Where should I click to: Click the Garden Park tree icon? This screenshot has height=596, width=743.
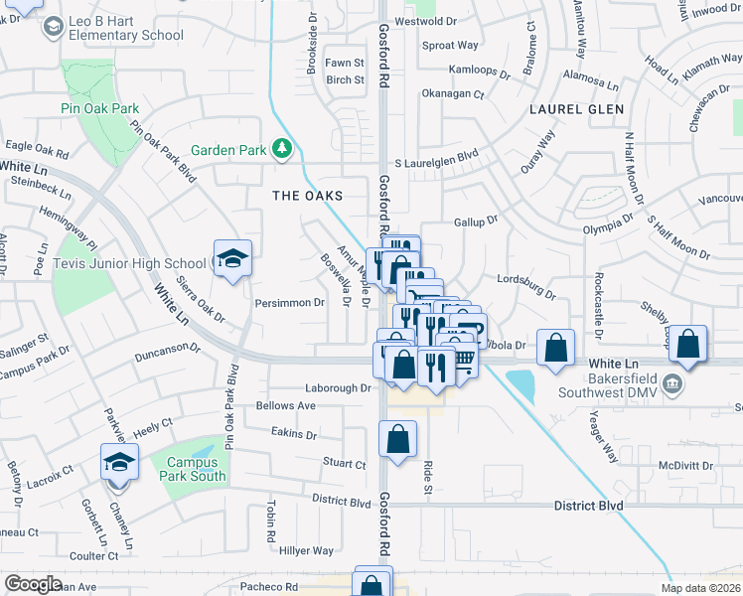pos(283,150)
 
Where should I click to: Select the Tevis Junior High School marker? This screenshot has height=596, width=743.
pos(232,260)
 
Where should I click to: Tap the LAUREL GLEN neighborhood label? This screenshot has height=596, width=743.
pos(577,109)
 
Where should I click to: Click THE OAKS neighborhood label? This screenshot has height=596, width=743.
pos(308,196)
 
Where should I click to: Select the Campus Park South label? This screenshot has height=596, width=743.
pos(196,469)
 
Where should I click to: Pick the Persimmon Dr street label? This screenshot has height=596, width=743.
pos(290,302)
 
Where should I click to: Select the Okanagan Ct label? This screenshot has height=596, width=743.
pos(452,94)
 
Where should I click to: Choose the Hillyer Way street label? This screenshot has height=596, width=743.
pos(306,550)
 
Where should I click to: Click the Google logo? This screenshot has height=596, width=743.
pos(33,584)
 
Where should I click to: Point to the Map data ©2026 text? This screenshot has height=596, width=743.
pos(700,588)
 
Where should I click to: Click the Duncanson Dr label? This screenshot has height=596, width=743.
pos(168,350)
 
